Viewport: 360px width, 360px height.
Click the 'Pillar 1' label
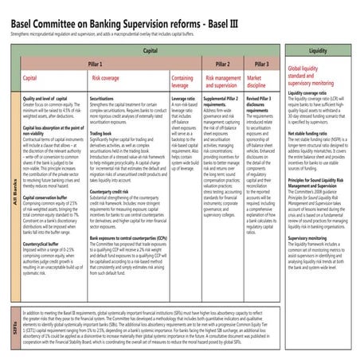click(x=96, y=63)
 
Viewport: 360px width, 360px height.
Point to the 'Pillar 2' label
click(x=223, y=63)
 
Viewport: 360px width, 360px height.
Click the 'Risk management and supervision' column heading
click(x=223, y=82)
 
